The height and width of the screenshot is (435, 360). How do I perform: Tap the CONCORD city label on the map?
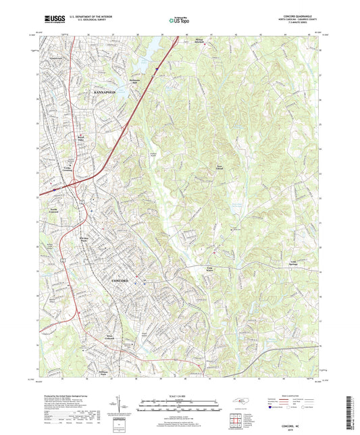(x=124, y=279)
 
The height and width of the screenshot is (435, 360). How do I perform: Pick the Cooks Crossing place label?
(x=68, y=169)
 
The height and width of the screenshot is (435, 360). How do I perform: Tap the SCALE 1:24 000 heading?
(x=180, y=396)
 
